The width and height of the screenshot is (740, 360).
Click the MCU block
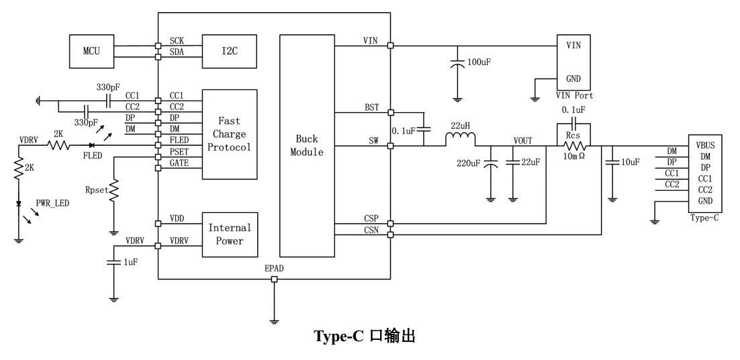click(91, 51)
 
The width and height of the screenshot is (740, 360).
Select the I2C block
click(230, 51)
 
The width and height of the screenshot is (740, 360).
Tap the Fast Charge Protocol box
click(230, 134)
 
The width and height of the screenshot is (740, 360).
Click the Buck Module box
click(306, 146)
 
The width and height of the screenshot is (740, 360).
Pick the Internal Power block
click(230, 234)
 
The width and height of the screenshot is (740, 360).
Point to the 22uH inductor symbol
click(461, 140)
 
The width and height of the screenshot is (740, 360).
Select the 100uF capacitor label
click(479, 62)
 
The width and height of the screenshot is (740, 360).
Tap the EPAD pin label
click(274, 269)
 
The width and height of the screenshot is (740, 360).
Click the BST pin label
click(371, 107)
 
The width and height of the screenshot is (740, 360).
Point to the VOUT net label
click(523, 140)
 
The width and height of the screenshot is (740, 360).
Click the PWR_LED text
click(52, 203)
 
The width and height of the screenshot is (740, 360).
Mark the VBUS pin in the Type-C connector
click(705, 145)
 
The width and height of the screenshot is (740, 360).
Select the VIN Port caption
click(574, 96)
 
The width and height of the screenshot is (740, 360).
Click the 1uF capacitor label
click(130, 262)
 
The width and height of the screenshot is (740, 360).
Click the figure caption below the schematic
click(365, 336)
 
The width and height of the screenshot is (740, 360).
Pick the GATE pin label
click(179, 163)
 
